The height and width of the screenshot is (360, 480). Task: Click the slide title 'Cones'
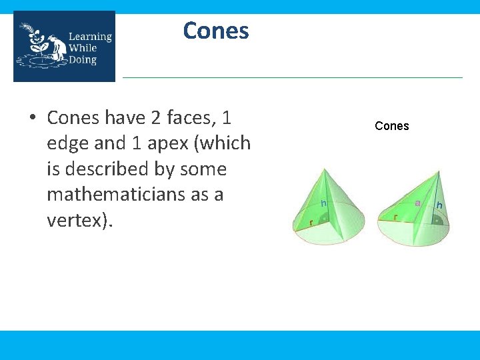pos(215,31)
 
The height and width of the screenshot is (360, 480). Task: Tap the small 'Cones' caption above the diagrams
pos(392,126)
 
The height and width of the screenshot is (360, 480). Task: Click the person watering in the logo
pos(56,48)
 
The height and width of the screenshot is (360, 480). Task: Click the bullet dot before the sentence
pos(31,119)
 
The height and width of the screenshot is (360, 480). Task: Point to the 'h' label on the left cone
pos(323,203)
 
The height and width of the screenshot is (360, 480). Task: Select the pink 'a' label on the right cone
pos(417,202)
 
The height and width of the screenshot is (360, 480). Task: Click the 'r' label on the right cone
pos(396,217)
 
